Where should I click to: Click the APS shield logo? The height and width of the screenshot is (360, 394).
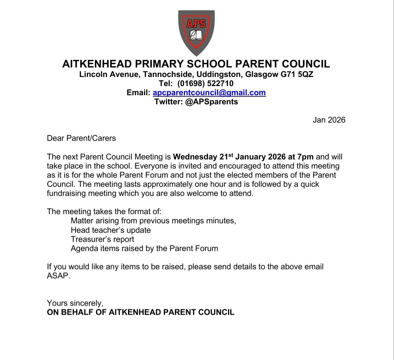click(x=196, y=32)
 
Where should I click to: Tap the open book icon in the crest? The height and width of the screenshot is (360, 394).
click(x=196, y=35)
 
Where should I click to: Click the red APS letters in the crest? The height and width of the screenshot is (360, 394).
click(x=196, y=24)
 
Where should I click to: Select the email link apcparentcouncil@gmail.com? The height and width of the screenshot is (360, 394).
click(x=209, y=93)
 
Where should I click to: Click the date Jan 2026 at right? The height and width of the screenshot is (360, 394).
click(x=329, y=120)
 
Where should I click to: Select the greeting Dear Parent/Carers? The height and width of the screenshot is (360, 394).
click(x=81, y=138)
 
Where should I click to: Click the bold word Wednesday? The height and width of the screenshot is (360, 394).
click(x=195, y=157)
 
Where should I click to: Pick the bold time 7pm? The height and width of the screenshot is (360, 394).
click(x=305, y=157)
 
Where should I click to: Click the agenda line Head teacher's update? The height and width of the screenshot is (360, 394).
click(x=111, y=230)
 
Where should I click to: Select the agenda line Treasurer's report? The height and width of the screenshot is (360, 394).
click(x=103, y=239)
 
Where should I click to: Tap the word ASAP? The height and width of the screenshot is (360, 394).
click(x=57, y=276)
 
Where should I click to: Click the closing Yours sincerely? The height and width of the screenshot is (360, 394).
click(x=75, y=303)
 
